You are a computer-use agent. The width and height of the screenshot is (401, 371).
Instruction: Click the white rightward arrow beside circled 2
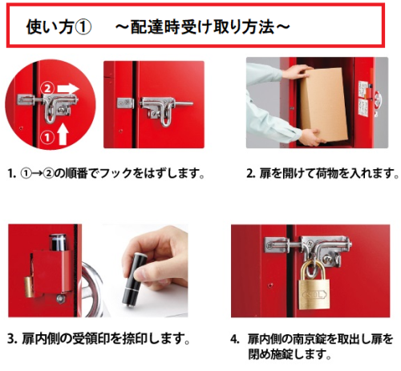coord(68,88)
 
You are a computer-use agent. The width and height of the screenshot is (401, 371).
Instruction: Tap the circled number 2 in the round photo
coord(48,88)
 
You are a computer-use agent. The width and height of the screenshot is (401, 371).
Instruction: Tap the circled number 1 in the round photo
coord(47,138)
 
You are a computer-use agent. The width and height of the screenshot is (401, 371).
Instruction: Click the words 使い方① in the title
coord(59,27)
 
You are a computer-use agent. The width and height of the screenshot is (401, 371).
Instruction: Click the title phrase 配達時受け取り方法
coord(202,27)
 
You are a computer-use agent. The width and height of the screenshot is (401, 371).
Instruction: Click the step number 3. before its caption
coord(12,339)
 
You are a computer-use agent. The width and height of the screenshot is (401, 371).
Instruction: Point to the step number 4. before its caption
coord(235,339)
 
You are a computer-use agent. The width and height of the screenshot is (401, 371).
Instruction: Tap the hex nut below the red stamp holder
coord(60,298)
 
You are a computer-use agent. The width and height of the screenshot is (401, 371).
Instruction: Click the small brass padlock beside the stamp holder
coord(28,287)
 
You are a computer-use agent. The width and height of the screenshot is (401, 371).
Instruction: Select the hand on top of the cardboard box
coord(298,71)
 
